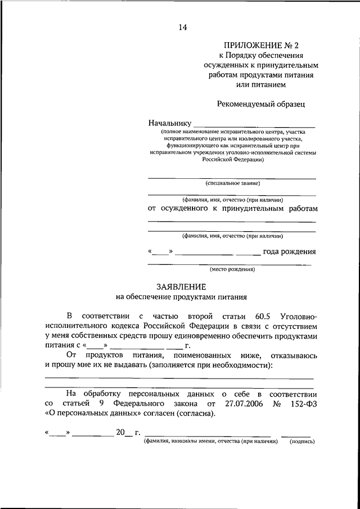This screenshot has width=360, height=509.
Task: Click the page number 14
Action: coord(182,27)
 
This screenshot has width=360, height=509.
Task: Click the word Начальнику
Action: coord(169,123)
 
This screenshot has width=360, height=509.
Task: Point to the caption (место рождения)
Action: coord(232,269)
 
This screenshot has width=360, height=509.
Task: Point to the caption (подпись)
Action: coord(302,442)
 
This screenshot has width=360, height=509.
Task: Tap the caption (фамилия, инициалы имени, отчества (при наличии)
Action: coord(211,442)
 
